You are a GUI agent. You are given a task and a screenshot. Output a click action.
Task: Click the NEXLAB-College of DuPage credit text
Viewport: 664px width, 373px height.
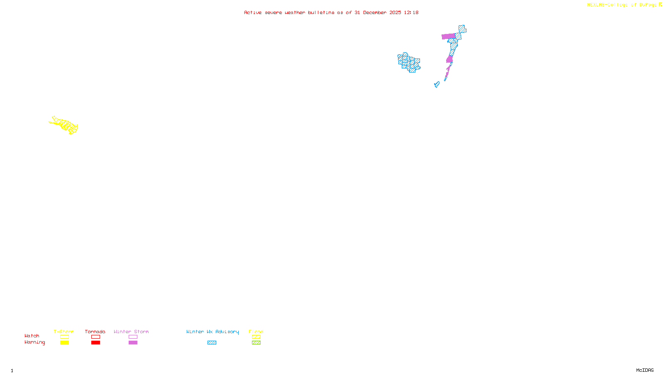pos(622,5)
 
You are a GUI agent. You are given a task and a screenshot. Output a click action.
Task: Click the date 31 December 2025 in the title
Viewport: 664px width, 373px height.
pos(378,12)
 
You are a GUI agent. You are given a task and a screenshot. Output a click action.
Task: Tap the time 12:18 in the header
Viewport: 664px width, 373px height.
pos(411,12)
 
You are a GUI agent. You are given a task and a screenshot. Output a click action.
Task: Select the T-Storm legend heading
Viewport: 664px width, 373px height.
pos(64,332)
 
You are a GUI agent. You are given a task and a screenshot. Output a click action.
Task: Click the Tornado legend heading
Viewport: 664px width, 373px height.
pos(95,332)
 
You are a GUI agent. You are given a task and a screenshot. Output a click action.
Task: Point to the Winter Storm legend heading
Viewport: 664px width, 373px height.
pos(131,332)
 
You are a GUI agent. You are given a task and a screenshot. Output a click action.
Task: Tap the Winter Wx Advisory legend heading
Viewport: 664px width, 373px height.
pos(212,332)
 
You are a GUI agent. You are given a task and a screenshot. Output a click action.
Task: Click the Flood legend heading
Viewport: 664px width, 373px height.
pos(256,332)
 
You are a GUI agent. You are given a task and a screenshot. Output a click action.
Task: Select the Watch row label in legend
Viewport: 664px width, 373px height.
pos(32,336)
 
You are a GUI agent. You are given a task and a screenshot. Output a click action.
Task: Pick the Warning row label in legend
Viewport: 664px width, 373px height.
pos(35,342)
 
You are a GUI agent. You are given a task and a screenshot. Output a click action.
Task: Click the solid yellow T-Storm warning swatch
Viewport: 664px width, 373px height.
pos(64,343)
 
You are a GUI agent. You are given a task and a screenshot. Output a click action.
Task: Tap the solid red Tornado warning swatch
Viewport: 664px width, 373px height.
pos(95,343)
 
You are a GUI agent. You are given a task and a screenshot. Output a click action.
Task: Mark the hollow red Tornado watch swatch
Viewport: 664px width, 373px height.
pos(95,337)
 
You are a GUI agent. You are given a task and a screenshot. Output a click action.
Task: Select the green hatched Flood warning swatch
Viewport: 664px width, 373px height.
pos(256,343)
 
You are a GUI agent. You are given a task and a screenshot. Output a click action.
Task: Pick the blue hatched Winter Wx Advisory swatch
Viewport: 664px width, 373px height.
pos(212,343)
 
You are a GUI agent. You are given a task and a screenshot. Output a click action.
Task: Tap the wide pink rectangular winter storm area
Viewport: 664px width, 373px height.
pos(448,36)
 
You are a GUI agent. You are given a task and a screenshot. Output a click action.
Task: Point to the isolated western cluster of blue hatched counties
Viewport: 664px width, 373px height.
pos(409,62)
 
